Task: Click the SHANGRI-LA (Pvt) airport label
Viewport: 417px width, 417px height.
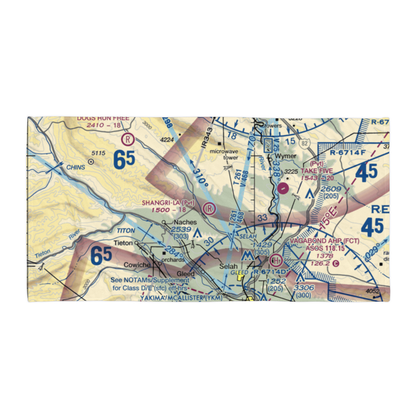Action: pos(168,203)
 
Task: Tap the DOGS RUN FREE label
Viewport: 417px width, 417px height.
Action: pos(103,118)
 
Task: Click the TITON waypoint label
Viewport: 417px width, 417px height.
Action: pos(125,230)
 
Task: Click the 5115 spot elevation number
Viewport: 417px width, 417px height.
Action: pos(98,153)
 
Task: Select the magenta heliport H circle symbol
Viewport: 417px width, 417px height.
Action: pos(276,261)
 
